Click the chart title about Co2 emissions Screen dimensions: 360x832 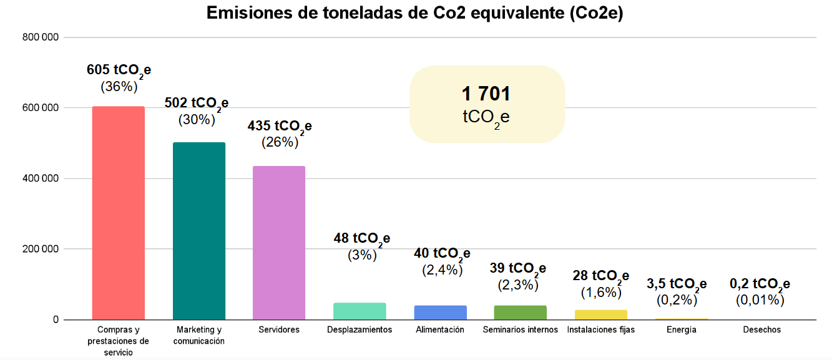415,14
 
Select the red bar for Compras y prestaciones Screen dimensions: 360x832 119,213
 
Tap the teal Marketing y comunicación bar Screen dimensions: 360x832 199,231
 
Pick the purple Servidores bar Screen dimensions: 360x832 279,243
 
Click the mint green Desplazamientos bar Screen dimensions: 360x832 360,311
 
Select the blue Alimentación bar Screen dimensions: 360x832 440,313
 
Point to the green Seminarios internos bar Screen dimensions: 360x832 520,313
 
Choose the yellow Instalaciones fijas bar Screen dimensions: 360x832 600,314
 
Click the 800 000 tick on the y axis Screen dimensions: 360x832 41,37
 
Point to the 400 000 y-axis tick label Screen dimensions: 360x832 41,178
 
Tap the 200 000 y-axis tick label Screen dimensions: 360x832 41,249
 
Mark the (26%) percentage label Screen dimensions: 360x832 279,142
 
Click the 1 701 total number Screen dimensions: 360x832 486,94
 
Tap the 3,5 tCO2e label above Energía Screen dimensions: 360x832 677,285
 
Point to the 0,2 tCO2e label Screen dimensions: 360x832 760,285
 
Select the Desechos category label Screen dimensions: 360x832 761,329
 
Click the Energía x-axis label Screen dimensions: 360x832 681,329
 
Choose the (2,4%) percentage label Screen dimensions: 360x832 442,270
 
